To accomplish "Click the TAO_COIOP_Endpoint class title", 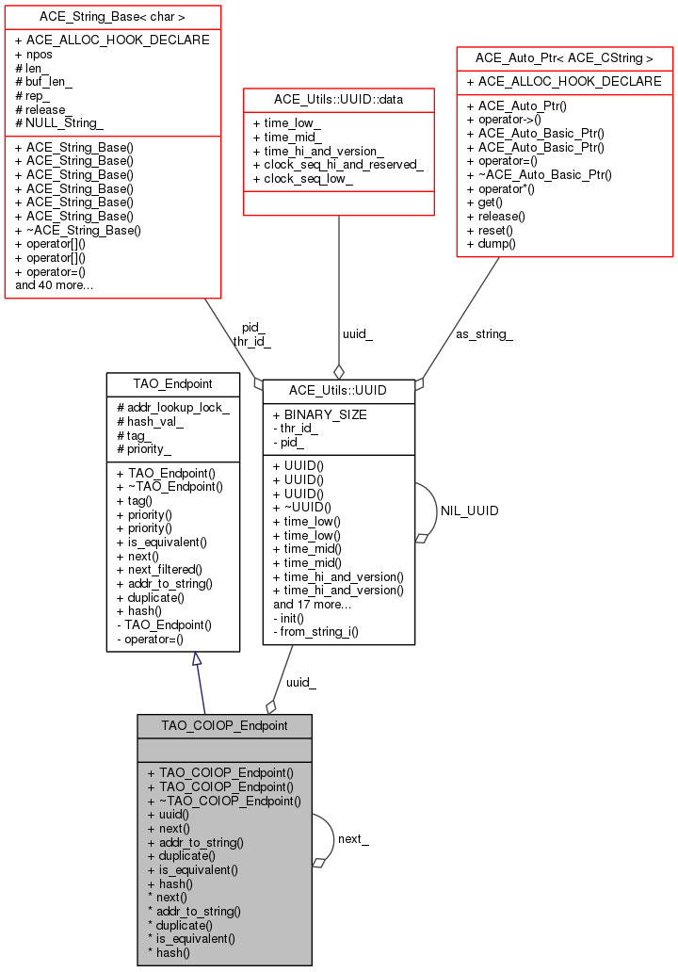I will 224,726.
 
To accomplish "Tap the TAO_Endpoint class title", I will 159,384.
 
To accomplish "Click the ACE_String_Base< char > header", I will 112,17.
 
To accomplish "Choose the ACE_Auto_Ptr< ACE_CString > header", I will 564,58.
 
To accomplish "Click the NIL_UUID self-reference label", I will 469,510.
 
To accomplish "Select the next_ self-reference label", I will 353,839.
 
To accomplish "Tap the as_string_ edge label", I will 483,333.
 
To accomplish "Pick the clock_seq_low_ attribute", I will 308,178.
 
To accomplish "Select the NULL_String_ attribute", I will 59,123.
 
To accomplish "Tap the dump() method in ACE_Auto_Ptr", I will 496,243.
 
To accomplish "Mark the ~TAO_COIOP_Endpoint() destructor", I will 229,801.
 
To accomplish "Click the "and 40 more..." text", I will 54,284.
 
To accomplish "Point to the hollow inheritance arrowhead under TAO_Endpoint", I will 197,659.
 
